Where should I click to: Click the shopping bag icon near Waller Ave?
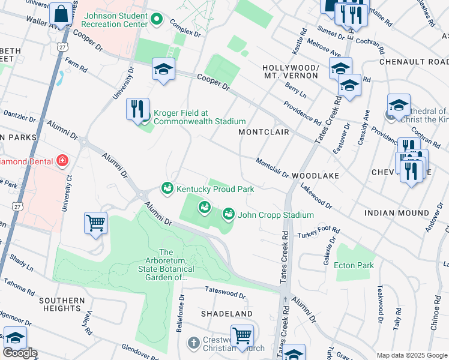point(61,13)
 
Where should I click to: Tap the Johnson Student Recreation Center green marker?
point(157,19)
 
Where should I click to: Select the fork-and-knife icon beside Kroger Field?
point(137,109)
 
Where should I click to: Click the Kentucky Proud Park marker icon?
point(167,189)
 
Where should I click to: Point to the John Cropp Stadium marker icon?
point(229,214)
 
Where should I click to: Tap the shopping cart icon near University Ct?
point(96,223)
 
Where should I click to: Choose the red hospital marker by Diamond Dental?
point(62,161)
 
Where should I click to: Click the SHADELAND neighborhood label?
point(227,314)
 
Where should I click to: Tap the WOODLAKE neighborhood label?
point(316,176)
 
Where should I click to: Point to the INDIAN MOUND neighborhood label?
point(397,213)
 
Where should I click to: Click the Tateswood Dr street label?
point(225,295)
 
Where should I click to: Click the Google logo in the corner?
point(19,353)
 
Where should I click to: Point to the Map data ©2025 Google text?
point(411,355)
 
